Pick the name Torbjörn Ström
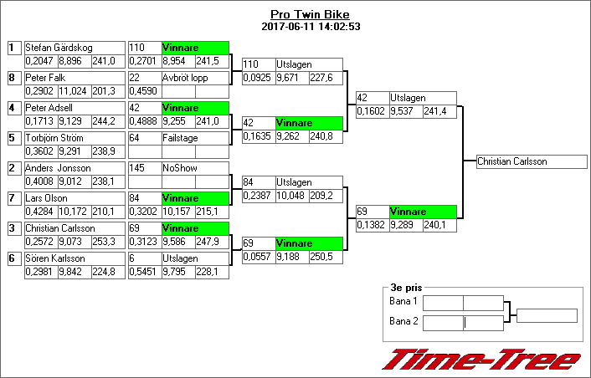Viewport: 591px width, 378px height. click(54, 138)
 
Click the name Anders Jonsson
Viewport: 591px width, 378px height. click(58, 168)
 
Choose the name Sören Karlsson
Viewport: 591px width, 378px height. click(54, 258)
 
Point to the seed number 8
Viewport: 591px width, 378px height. click(13, 78)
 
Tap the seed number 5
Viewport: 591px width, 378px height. click(13, 138)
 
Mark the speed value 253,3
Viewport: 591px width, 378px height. click(104, 241)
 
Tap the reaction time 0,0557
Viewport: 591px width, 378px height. click(256, 257)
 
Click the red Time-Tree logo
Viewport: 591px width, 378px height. click(481, 359)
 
